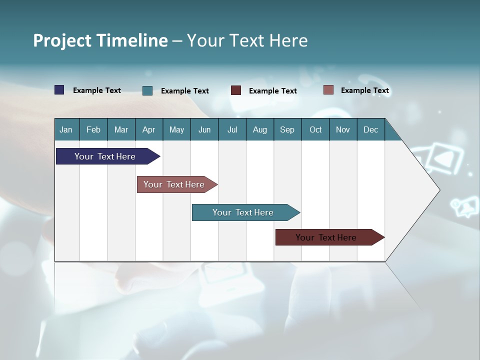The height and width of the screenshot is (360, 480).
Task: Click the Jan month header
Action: coord(66,129)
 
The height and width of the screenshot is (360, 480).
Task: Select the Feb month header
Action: coord(93,129)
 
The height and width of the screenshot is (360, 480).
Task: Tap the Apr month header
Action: coord(148,129)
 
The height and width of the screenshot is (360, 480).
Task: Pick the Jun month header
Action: coord(204,129)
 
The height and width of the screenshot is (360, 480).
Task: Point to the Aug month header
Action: coord(259,129)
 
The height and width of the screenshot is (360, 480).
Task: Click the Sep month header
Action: coord(287,129)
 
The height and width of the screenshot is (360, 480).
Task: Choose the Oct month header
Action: coord(315,129)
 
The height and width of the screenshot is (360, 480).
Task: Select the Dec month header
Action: coord(370,129)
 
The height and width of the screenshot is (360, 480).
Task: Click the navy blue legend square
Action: coord(59,90)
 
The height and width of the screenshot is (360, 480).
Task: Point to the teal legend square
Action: coord(147,90)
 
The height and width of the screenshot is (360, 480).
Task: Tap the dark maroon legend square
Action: coord(236,90)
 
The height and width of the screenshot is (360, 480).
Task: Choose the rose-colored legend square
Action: coord(328,90)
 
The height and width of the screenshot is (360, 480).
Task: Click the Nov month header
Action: coord(342,129)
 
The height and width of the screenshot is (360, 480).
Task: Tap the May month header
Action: coord(176,129)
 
